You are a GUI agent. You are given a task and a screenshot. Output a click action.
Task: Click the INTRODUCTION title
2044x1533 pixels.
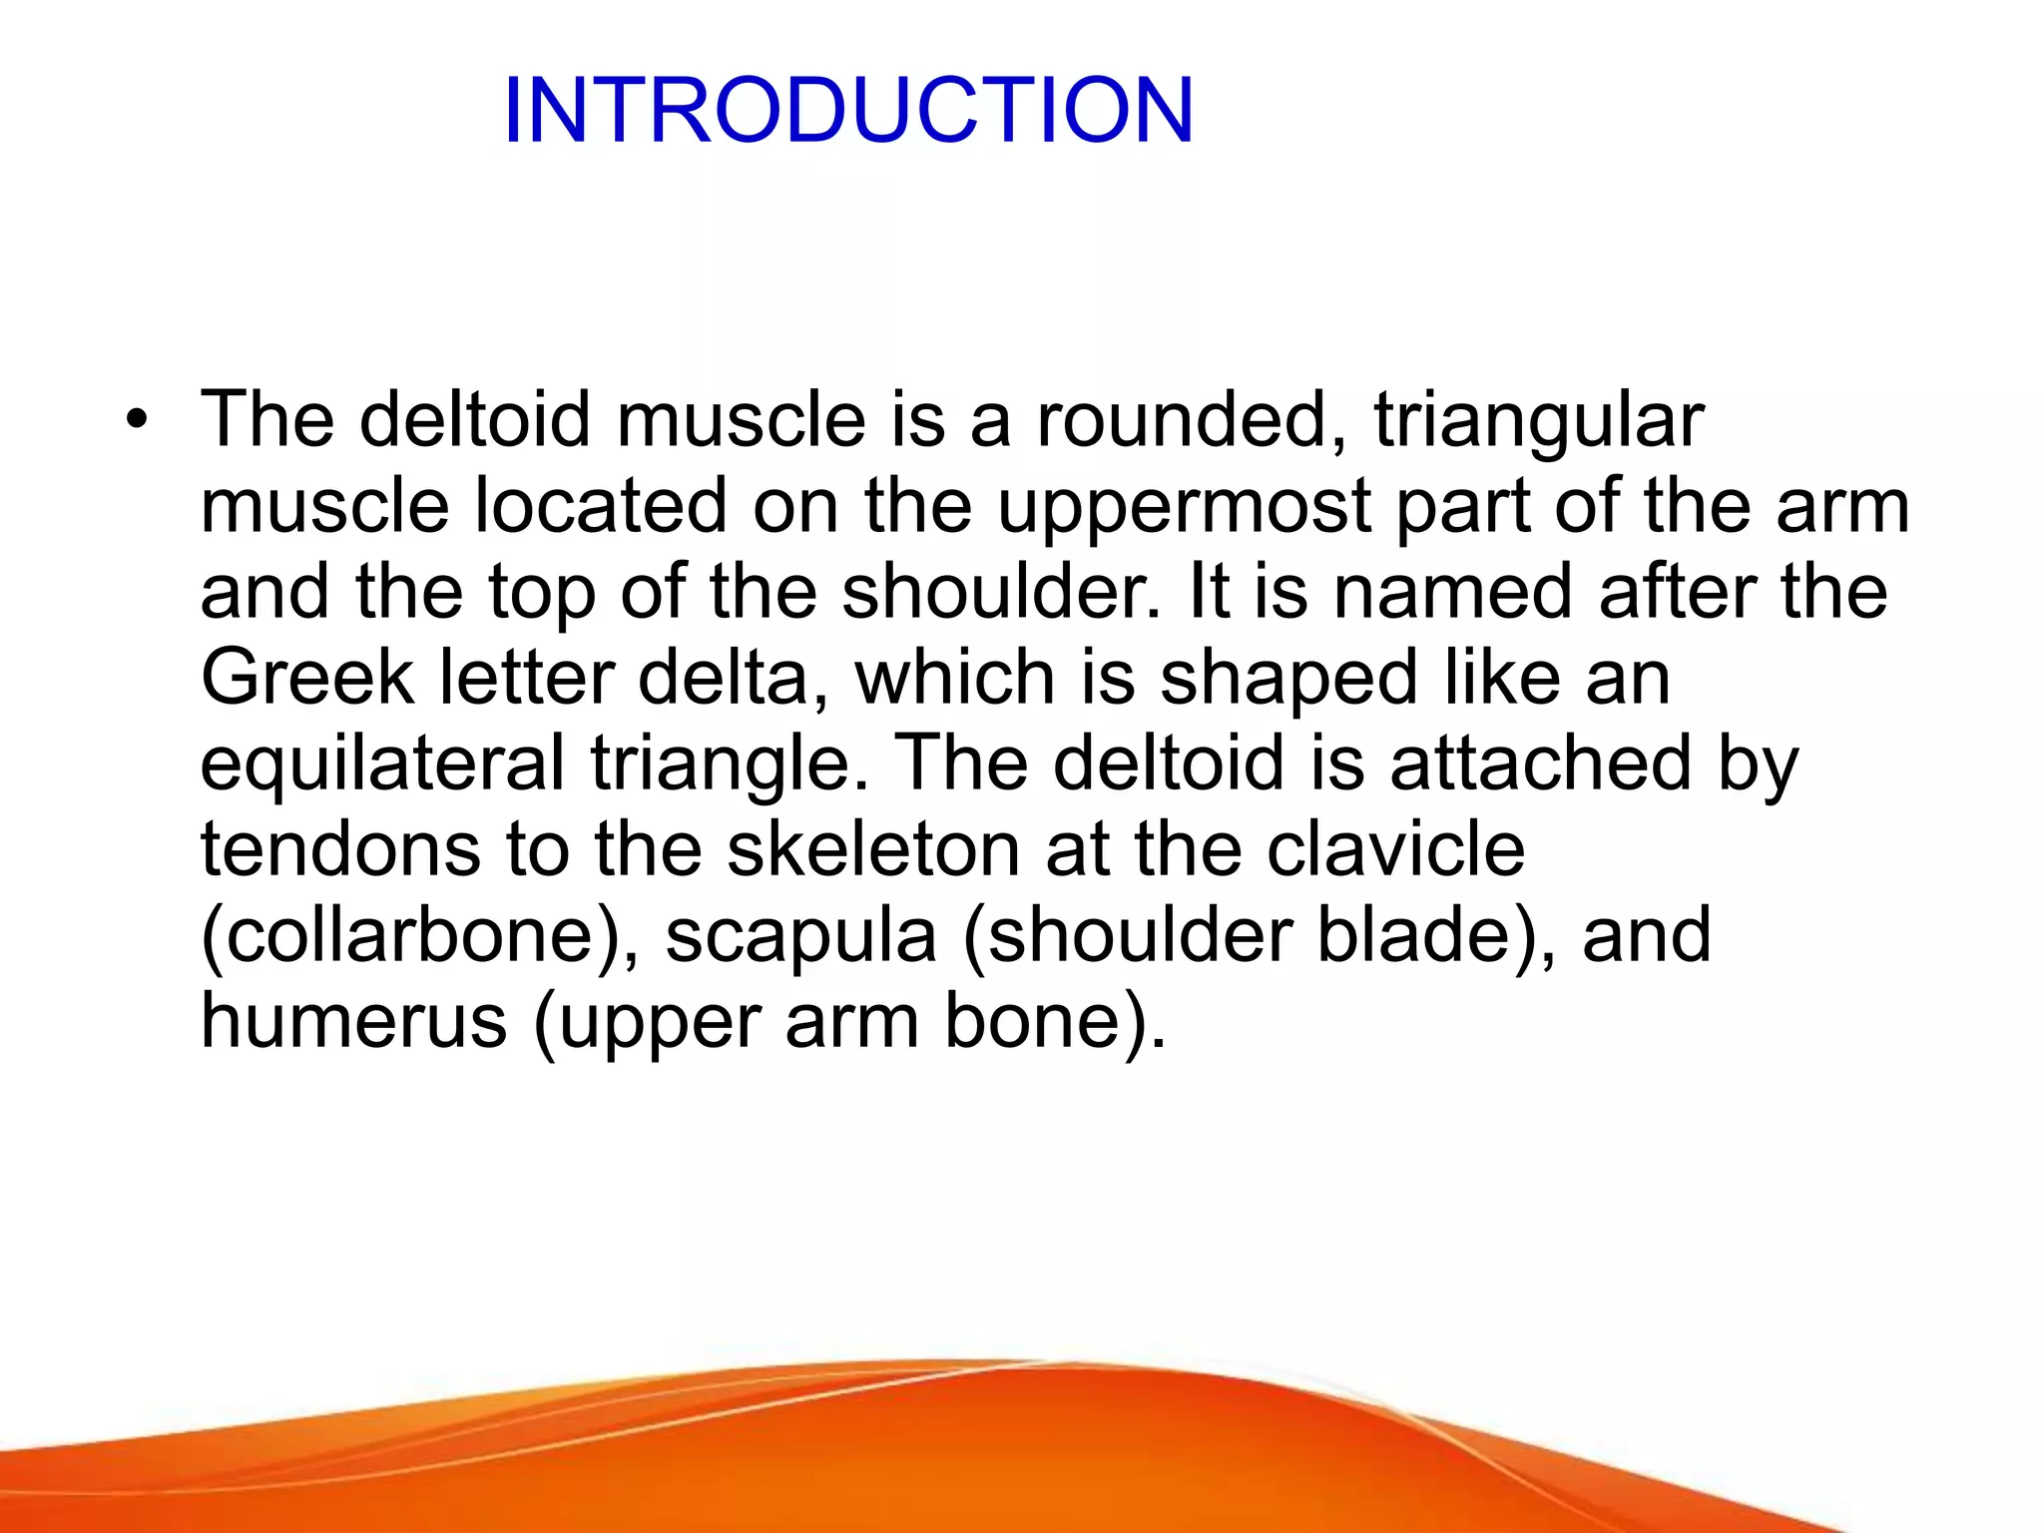(848, 110)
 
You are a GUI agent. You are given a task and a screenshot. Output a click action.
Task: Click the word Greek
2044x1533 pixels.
(306, 678)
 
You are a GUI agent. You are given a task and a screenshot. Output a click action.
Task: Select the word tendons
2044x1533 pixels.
(339, 849)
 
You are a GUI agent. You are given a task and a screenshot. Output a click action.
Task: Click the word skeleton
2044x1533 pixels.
(873, 849)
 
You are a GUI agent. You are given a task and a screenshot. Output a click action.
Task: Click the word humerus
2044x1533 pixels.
(353, 1022)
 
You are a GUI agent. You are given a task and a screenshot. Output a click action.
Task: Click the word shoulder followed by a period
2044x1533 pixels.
(999, 592)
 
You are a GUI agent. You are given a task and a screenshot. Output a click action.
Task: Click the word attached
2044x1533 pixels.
(1540, 764)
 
